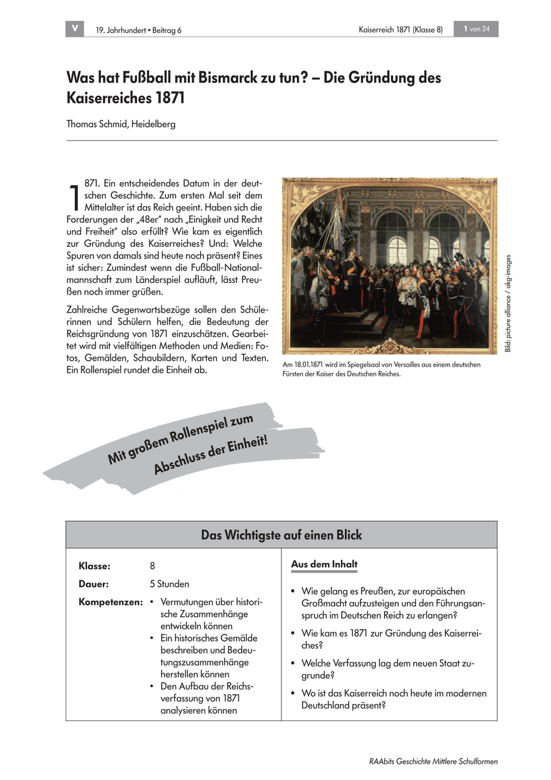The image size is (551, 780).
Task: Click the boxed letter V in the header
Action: [75, 29]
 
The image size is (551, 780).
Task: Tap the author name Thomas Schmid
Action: [96, 123]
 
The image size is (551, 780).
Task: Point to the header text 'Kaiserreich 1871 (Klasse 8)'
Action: [400, 30]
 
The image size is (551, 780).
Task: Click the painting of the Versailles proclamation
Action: [389, 266]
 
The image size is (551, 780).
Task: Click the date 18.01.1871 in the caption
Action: [313, 365]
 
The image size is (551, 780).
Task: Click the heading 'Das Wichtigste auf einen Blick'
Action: [281, 535]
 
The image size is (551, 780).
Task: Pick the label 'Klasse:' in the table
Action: [94, 566]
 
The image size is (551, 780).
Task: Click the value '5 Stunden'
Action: [170, 584]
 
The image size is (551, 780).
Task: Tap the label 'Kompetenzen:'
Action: [110, 602]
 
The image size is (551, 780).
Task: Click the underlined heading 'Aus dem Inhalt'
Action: [324, 564]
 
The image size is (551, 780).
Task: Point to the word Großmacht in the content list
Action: [323, 603]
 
